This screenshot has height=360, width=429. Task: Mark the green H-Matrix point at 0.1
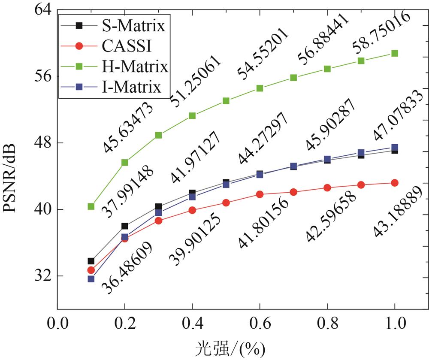point(91,206)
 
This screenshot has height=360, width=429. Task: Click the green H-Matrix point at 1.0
point(395,53)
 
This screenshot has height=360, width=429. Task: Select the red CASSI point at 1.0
point(395,183)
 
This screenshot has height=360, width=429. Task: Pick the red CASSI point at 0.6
point(260,194)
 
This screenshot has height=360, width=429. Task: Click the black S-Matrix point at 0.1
point(91,261)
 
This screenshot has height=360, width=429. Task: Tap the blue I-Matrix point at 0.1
point(91,279)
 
